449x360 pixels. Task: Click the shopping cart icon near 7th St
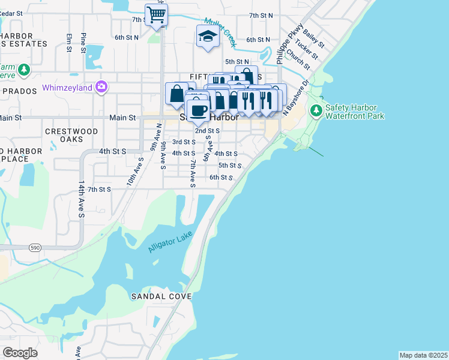[156, 14]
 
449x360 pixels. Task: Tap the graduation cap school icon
[208, 36]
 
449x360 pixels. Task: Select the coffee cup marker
[198, 110]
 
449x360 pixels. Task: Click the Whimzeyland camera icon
[101, 88]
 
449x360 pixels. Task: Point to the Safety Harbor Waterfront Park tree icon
[316, 110]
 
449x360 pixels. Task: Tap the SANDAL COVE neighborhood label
[161, 296]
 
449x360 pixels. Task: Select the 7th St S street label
[100, 189]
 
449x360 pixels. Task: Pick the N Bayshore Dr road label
[295, 97]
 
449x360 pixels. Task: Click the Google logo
[20, 353]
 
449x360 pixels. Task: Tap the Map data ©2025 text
[423, 355]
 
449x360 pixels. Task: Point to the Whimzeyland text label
[67, 88]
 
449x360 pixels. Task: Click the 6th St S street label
[220, 178]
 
